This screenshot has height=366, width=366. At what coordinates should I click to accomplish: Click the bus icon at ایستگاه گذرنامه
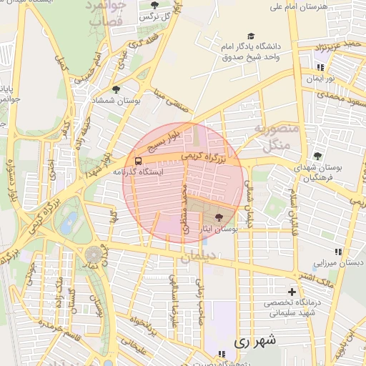(x=137, y=161)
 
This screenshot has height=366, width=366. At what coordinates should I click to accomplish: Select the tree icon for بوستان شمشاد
(x=117, y=89)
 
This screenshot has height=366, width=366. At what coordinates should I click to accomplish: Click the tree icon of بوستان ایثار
(x=218, y=217)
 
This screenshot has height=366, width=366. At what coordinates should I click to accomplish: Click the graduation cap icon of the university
(x=250, y=36)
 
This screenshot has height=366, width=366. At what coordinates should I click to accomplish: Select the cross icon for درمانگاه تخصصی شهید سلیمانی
(x=292, y=292)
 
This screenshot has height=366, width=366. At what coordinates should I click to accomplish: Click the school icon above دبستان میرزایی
(x=338, y=252)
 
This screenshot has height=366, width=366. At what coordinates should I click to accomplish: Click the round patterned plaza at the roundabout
(x=94, y=254)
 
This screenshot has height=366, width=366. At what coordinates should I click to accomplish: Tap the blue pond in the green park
(x=69, y=224)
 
